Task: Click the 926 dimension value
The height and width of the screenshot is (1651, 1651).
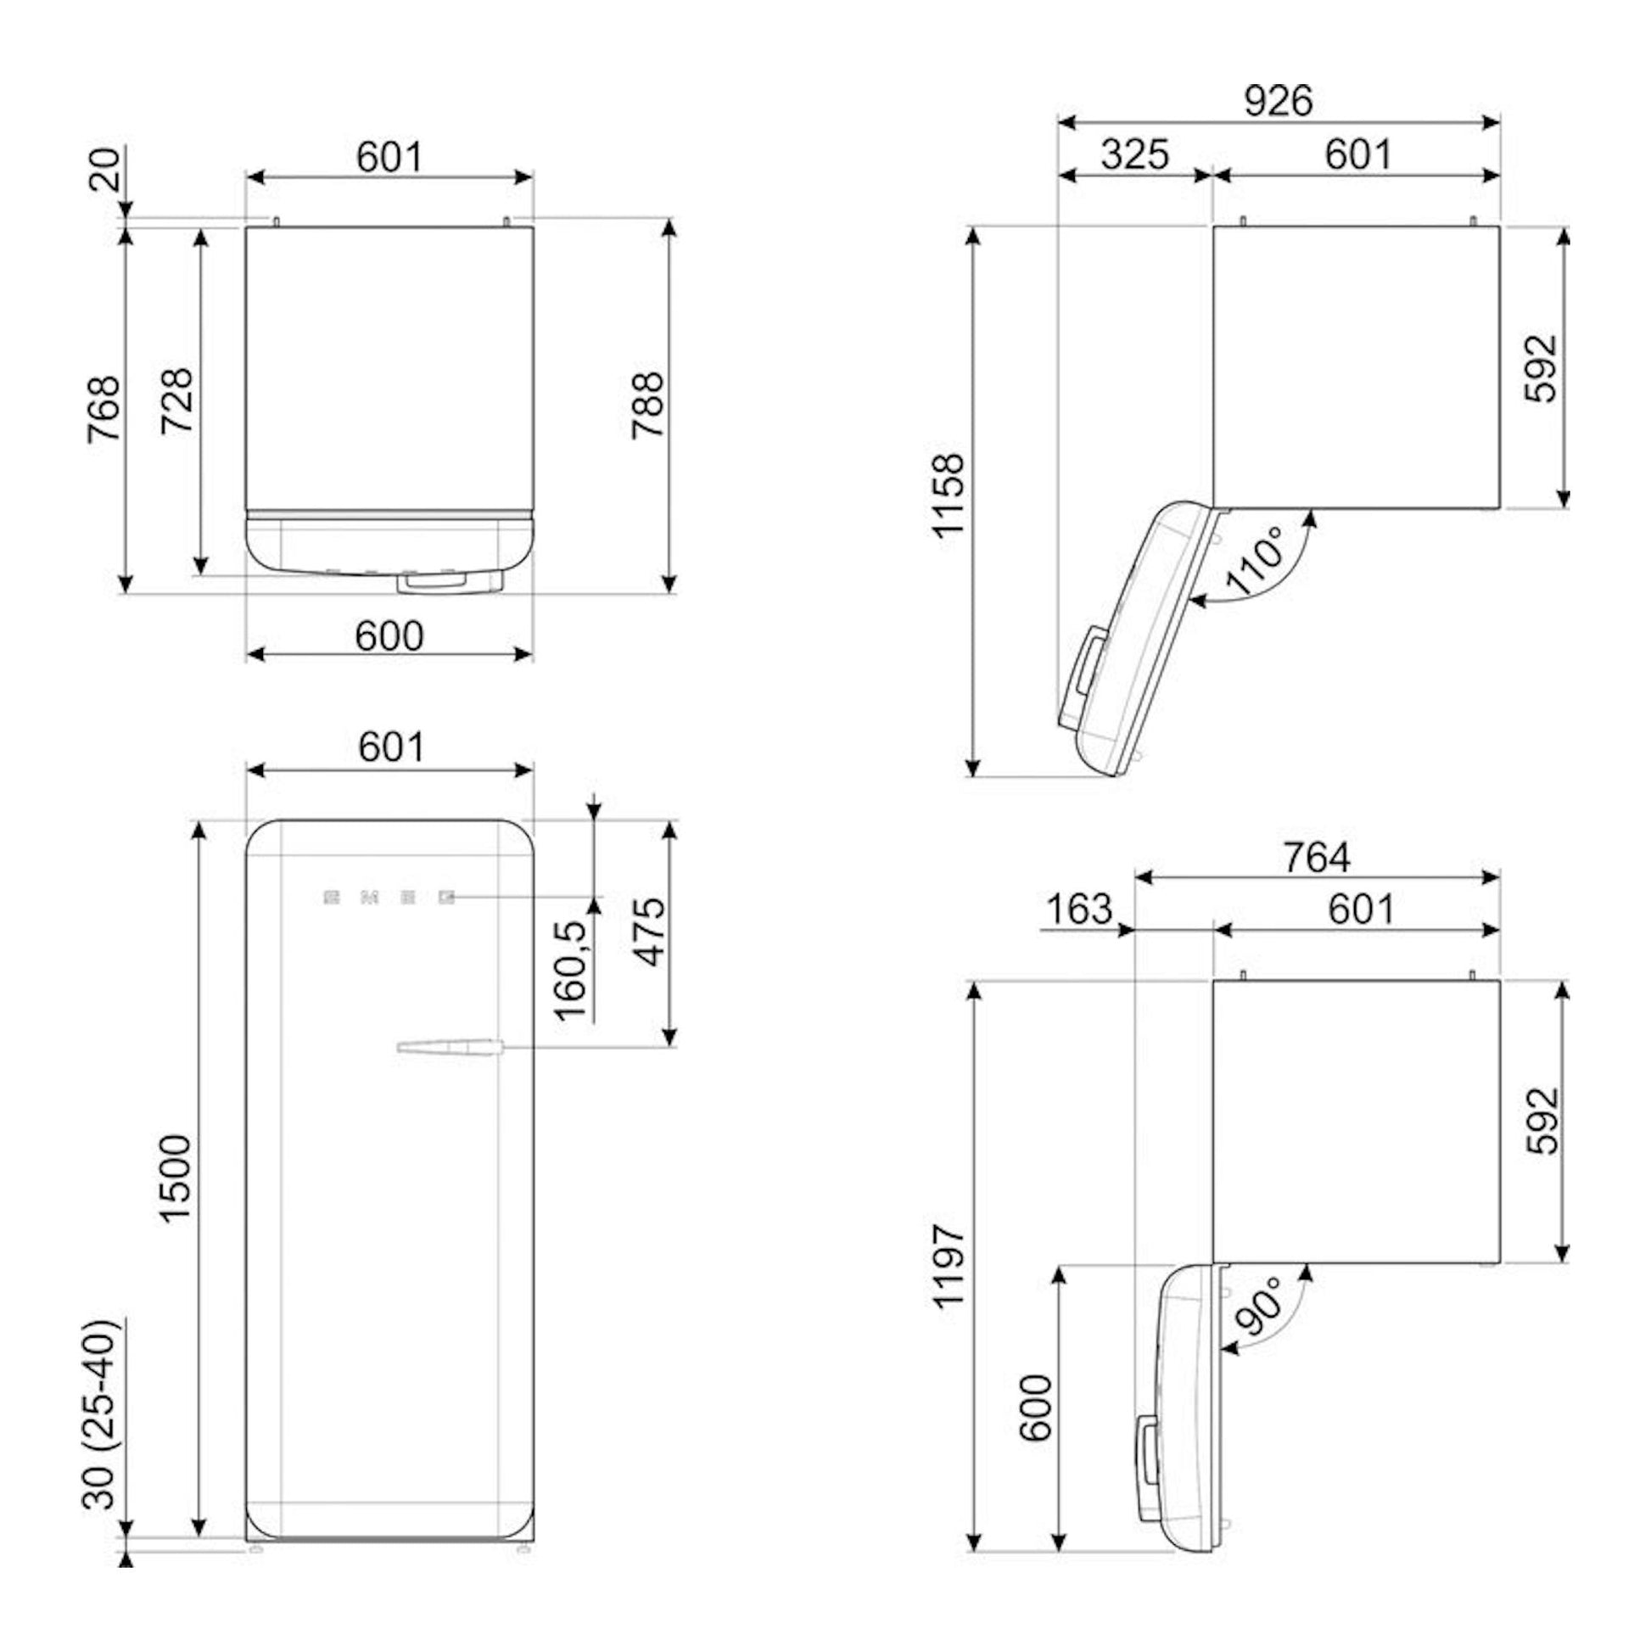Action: pos(1278,101)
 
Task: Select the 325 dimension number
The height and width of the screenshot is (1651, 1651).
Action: pos(1135,154)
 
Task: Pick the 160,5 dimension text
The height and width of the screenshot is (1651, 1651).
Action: pos(571,971)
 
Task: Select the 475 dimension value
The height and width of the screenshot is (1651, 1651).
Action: pos(651,932)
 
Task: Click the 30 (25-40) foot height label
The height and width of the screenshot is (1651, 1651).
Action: pos(99,1414)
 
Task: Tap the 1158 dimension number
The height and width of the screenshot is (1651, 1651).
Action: pos(949,496)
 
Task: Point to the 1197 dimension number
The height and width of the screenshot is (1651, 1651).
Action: pos(949,1267)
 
